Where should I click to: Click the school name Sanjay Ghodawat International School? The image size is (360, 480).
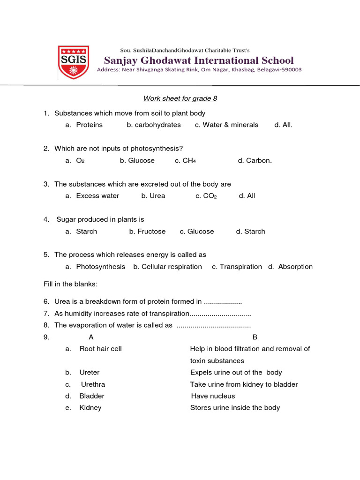[x=199, y=60]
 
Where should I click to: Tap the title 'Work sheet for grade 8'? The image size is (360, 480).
[x=180, y=98]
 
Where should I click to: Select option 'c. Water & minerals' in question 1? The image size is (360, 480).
[x=226, y=125]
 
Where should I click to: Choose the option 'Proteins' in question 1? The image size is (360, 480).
[x=89, y=125]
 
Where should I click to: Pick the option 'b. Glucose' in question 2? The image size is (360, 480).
[x=137, y=160]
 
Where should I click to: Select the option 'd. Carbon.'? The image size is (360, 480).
[x=255, y=160]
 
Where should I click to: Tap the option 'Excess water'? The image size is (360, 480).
[x=97, y=196]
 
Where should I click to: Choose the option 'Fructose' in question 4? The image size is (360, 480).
[x=151, y=232]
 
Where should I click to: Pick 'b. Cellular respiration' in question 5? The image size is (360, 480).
[x=167, y=267]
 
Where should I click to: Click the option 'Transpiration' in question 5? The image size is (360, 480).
[x=240, y=267]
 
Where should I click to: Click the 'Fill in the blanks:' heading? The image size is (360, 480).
[x=70, y=284]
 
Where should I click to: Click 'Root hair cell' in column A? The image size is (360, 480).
[x=100, y=349]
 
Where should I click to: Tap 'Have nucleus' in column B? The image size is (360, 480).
[x=213, y=396]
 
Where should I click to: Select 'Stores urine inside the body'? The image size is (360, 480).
[x=235, y=408]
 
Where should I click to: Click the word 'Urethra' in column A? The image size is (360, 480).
[x=93, y=384]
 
